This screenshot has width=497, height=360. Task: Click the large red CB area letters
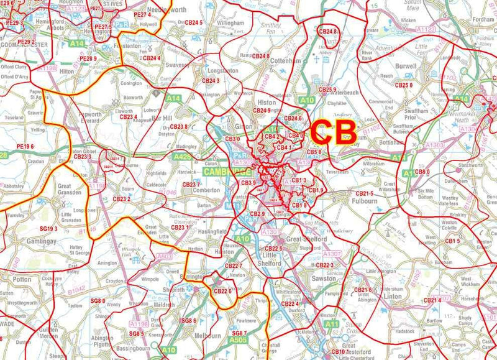(x=334, y=132)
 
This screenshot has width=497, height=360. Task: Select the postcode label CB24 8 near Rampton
(x=260, y=56)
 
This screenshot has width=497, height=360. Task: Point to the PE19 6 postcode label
(x=25, y=146)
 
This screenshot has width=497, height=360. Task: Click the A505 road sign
(x=237, y=340)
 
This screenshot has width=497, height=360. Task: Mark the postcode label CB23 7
(x=191, y=185)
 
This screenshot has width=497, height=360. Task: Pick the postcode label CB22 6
(x=222, y=290)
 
